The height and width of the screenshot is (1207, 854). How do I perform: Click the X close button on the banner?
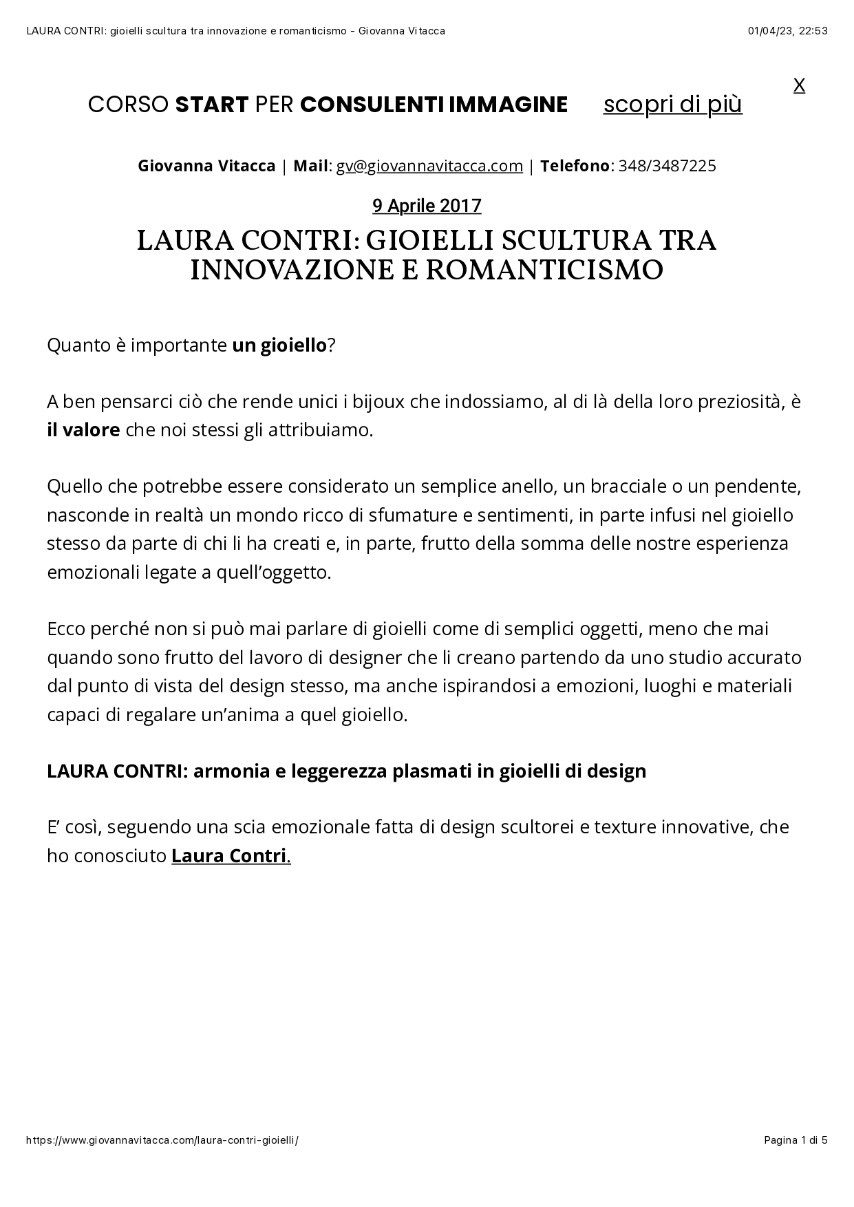point(799,85)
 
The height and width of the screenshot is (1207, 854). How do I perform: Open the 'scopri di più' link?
point(672,105)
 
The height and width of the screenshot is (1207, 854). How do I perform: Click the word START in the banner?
point(211,105)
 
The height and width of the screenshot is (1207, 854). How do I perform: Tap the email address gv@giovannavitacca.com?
point(429,166)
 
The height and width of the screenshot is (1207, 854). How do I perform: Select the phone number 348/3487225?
point(668,166)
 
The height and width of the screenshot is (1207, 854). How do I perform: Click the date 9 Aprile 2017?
point(427,205)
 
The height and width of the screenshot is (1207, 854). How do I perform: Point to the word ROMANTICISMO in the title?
point(544,270)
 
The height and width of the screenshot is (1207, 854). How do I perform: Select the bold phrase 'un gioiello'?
point(279,345)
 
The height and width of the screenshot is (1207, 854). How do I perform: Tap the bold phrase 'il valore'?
point(83,430)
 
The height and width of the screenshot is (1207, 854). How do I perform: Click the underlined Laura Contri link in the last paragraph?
point(229,855)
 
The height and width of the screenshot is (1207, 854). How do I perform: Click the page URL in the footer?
point(162,1140)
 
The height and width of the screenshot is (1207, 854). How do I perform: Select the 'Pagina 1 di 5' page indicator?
point(796,1140)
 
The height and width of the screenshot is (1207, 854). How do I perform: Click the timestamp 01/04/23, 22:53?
point(787,30)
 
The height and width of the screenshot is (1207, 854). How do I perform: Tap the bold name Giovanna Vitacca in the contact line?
point(206,166)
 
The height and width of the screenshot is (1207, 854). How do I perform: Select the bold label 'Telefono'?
point(575,166)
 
